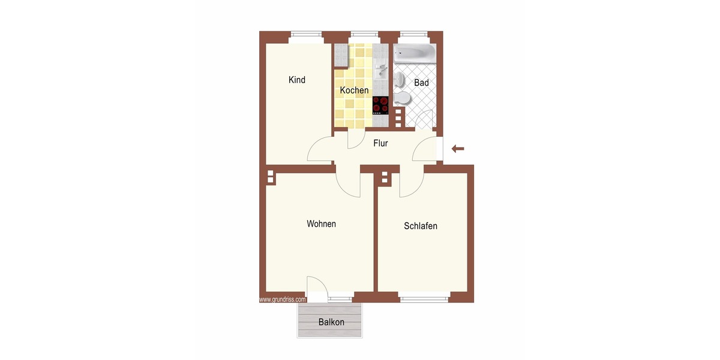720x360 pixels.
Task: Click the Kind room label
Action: click(296, 80)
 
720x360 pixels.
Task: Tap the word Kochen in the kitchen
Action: click(354, 91)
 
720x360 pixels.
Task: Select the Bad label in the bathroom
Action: click(421, 83)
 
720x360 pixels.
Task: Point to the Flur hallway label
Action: click(380, 143)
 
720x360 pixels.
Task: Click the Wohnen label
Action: click(321, 224)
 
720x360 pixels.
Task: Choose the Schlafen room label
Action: click(421, 226)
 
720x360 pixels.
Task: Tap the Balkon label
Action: click(331, 322)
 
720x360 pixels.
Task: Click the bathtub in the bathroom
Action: click(415, 53)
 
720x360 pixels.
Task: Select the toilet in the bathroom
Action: click(402, 98)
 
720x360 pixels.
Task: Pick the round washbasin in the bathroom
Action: click(399, 79)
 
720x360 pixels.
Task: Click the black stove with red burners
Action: click(380, 106)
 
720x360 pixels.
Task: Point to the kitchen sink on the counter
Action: click(381, 71)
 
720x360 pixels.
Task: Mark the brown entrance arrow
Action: click(458, 149)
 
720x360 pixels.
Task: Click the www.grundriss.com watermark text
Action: click(282, 299)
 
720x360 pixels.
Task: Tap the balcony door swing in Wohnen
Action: click(317, 287)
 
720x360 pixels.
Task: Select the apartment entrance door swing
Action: click(424, 149)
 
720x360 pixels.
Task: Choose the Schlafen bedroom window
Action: click(424, 298)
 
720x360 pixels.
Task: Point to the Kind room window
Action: click(307, 37)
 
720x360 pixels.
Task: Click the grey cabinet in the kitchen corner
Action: click(341, 56)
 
